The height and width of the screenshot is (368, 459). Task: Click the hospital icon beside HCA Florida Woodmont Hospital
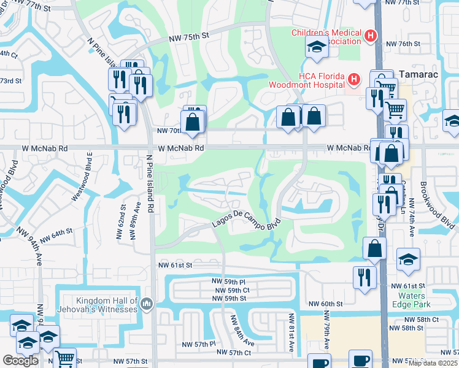(353, 79)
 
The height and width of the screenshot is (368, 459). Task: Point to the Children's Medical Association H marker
(370, 36)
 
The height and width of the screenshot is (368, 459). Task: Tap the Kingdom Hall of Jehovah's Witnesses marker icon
(146, 304)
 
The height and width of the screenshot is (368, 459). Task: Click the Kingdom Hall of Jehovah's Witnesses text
(107, 304)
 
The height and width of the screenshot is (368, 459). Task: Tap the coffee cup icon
(360, 360)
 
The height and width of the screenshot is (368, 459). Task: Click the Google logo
(20, 360)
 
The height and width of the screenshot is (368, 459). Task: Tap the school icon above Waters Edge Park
(408, 259)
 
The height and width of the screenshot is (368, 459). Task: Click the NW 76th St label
(403, 44)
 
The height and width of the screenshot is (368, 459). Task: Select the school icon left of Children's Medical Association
(317, 47)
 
